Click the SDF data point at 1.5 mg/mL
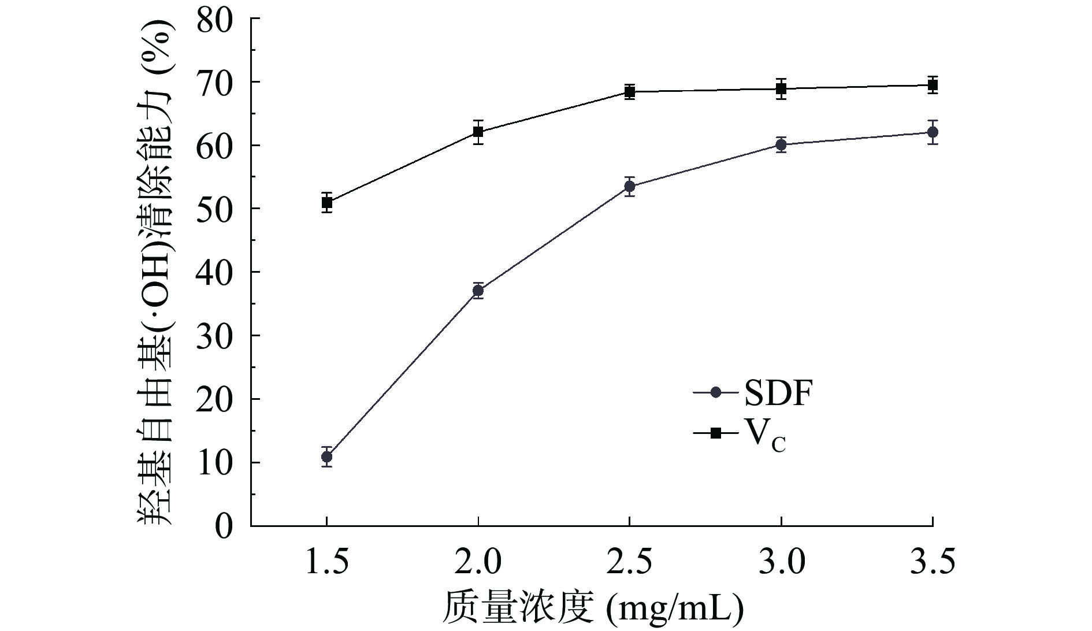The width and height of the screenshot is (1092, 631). pos(326,456)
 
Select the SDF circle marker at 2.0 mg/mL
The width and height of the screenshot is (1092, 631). pos(478,290)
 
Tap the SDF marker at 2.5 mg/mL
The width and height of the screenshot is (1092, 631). pos(630,187)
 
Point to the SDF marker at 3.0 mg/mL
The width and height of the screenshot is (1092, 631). pos(781,144)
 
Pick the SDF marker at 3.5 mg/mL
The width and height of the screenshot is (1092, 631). pos(932,132)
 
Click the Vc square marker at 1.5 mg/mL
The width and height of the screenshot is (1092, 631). pos(326,202)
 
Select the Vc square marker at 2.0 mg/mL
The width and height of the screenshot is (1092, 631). pos(478,132)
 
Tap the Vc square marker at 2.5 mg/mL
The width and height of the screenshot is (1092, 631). pos(630,91)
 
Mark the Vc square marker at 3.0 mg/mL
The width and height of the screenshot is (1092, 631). pos(781,88)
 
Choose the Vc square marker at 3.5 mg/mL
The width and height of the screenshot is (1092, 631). pos(932,85)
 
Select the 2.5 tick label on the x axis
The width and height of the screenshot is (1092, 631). pos(630,562)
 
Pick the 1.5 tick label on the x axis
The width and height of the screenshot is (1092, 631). pos(326,562)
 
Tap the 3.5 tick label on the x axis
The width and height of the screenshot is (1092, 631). pos(932,562)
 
